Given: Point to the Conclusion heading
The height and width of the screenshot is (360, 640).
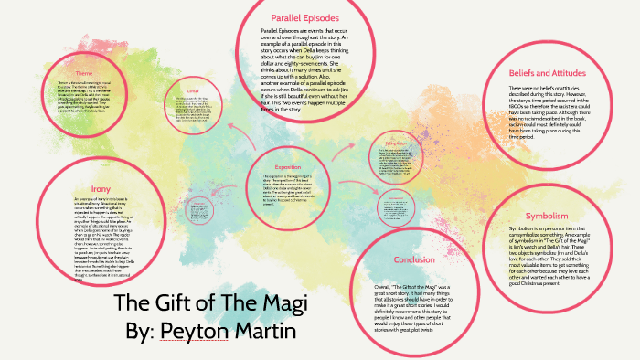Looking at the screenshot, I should coord(414,259).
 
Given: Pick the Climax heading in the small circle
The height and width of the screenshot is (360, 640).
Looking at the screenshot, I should coord(193,92).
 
